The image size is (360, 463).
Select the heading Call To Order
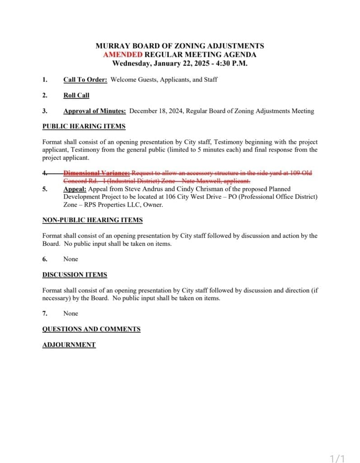85,80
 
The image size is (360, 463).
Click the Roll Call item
76,95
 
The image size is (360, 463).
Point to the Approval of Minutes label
94,111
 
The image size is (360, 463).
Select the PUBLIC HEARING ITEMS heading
84,126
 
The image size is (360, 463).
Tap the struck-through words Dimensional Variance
97,173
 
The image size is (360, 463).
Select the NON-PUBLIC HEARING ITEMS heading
92,220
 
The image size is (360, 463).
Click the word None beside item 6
70,259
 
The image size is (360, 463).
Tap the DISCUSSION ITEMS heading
75,274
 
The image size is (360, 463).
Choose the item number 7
45,313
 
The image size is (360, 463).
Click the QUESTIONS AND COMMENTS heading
91,329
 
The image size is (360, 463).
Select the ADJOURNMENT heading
69,345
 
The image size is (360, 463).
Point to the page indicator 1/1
337,459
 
